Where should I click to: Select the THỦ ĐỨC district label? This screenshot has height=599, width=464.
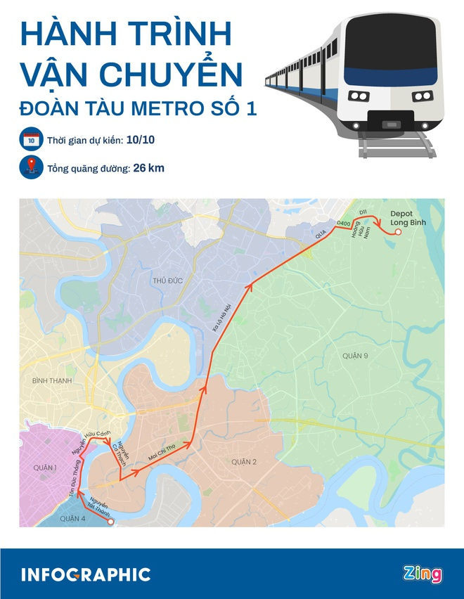pyautogui.click(x=167, y=281)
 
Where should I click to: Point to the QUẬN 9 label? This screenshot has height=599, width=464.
pyautogui.click(x=356, y=356)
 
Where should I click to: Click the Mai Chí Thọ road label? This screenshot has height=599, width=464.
pyautogui.click(x=162, y=453)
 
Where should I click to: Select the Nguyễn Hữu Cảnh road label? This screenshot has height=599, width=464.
pyautogui.click(x=89, y=442)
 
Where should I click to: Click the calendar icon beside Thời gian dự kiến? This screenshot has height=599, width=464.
pyautogui.click(x=30, y=141)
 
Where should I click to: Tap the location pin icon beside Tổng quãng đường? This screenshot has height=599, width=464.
pyautogui.click(x=30, y=169)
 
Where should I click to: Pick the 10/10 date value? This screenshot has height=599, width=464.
pyautogui.click(x=140, y=141)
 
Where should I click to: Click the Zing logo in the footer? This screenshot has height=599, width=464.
pyautogui.click(x=423, y=574)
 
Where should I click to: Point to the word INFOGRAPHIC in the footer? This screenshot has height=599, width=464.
pyautogui.click(x=86, y=574)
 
